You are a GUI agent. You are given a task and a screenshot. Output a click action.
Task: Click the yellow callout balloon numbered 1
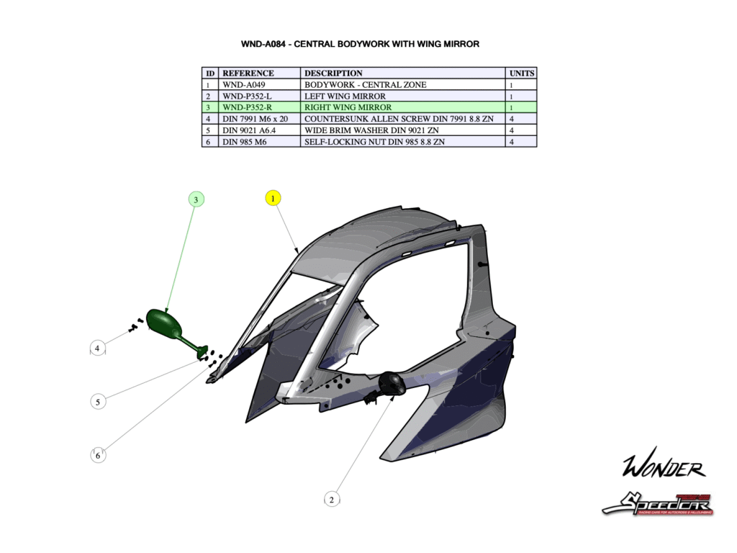273,197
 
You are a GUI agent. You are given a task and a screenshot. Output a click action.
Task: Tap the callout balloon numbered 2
331,498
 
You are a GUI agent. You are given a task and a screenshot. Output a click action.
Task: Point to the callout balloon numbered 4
98,349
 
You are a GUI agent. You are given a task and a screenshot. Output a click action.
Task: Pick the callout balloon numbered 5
98,402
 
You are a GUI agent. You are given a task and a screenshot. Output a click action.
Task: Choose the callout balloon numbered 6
98,455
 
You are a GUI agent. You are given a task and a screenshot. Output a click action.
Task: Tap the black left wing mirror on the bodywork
392,383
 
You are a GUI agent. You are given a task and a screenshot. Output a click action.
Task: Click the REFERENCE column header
248,73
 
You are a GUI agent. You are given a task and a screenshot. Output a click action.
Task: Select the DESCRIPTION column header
333,73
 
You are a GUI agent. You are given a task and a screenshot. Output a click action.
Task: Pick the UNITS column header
522,73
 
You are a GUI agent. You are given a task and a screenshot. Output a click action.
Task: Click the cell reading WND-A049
244,84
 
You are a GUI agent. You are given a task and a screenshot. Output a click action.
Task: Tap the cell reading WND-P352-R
248,107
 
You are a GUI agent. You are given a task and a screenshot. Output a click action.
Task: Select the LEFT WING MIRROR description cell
345,96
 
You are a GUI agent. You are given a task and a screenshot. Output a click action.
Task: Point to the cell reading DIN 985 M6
245,142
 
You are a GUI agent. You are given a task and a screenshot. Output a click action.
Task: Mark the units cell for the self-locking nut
512,142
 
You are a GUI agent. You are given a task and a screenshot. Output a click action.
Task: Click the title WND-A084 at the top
360,44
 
